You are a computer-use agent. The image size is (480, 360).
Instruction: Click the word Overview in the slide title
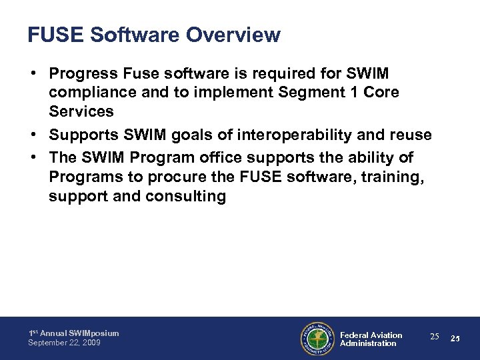point(231,35)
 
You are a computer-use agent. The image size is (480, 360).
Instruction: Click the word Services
point(81,111)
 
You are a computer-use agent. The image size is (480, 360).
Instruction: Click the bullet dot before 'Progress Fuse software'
point(33,72)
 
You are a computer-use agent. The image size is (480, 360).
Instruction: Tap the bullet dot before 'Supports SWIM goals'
point(33,135)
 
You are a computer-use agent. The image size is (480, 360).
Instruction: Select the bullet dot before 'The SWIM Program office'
point(33,157)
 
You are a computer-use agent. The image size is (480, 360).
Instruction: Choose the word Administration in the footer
point(368,343)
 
